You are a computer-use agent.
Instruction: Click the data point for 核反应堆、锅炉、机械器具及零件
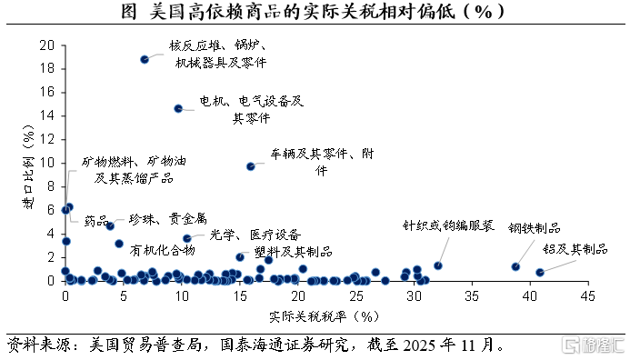[145, 59]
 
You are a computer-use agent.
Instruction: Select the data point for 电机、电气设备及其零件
[178, 108]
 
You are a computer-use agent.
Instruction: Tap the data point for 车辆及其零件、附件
[251, 166]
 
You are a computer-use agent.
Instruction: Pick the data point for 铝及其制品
[540, 273]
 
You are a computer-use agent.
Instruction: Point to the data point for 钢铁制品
[515, 266]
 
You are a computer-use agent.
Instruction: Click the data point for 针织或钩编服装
[438, 265]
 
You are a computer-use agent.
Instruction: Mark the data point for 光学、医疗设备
[187, 239]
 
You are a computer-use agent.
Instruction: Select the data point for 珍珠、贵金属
[110, 226]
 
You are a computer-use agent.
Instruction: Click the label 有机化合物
[163, 251]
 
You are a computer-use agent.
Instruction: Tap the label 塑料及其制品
[294, 252]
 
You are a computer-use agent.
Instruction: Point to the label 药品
[96, 221]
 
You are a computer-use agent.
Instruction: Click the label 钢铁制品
[534, 228]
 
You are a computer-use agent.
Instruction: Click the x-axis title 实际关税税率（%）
[324, 316]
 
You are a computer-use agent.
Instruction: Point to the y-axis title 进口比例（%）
[28, 167]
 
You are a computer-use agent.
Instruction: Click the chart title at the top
[313, 11]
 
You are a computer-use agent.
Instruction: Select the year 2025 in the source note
[419, 345]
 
